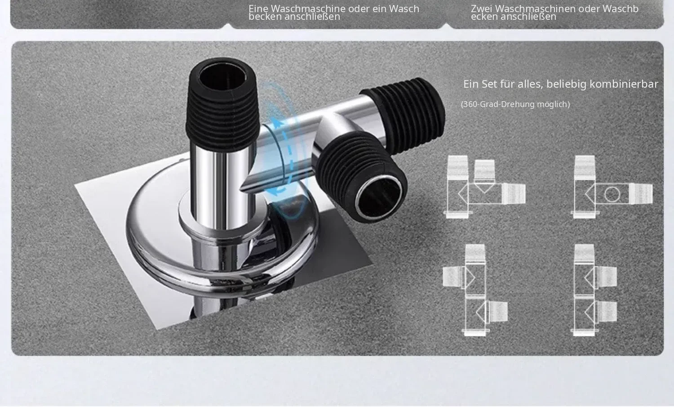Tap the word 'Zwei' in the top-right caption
[481, 9]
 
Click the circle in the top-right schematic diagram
[612, 195]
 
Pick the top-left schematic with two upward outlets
[484, 187]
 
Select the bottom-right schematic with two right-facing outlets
[594, 290]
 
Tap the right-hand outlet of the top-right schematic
[641, 194]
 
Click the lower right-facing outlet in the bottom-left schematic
[497, 311]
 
